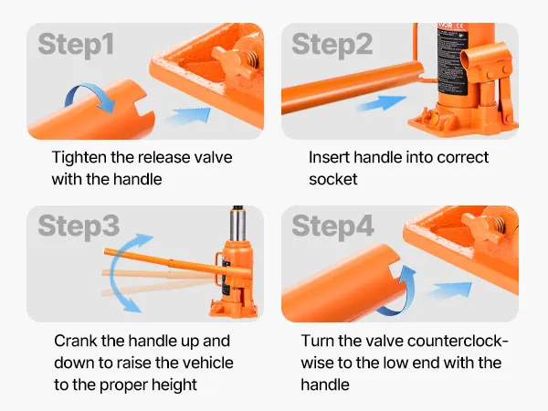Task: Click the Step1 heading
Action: click(x=76, y=45)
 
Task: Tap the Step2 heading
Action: click(x=332, y=45)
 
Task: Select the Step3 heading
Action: click(x=79, y=227)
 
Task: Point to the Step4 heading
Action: click(x=333, y=227)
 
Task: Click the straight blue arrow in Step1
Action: click(x=189, y=116)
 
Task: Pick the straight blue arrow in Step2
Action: click(x=382, y=102)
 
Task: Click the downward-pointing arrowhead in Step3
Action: click(x=132, y=305)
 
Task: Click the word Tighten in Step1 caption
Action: click(x=79, y=158)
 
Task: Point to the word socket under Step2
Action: click(x=333, y=180)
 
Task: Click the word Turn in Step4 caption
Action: click(x=317, y=341)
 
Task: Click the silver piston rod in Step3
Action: click(x=237, y=224)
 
